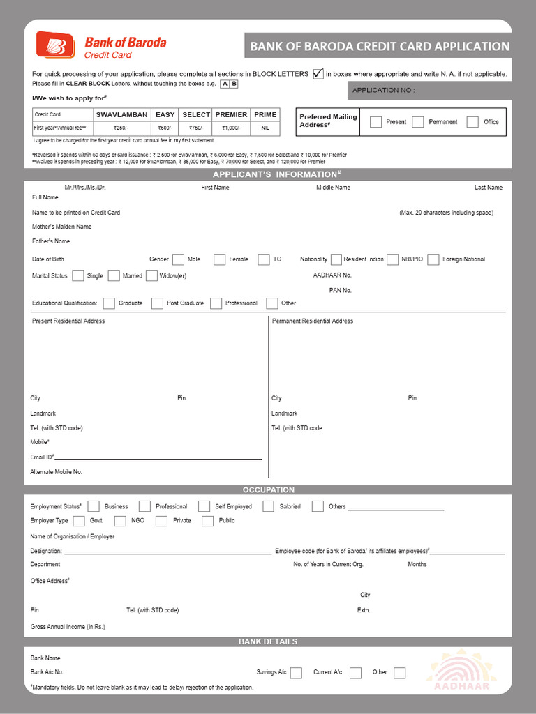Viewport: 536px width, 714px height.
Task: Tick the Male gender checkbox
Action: [178, 259]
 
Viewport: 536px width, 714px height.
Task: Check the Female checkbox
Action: [220, 259]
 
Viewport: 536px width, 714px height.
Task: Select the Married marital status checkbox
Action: [114, 275]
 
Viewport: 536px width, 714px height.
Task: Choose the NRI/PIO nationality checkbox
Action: [392, 259]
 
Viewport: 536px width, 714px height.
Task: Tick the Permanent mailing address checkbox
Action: [418, 122]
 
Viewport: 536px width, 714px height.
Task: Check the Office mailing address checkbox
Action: [473, 122]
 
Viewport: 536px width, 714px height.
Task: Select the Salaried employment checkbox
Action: [269, 506]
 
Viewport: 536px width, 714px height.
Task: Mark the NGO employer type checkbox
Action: [120, 521]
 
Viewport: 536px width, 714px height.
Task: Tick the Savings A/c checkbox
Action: [296, 673]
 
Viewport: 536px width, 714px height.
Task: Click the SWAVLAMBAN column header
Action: [121, 114]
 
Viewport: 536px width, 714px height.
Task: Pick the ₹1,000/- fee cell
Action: [231, 128]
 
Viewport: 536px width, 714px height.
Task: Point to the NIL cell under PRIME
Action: [265, 128]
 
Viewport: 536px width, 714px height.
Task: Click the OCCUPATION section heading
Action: [269, 490]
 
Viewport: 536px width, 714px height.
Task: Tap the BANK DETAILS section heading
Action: [268, 641]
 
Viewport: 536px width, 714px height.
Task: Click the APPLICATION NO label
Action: [383, 91]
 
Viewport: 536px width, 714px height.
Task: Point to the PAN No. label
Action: [341, 290]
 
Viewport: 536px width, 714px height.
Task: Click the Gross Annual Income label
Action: [68, 627]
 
